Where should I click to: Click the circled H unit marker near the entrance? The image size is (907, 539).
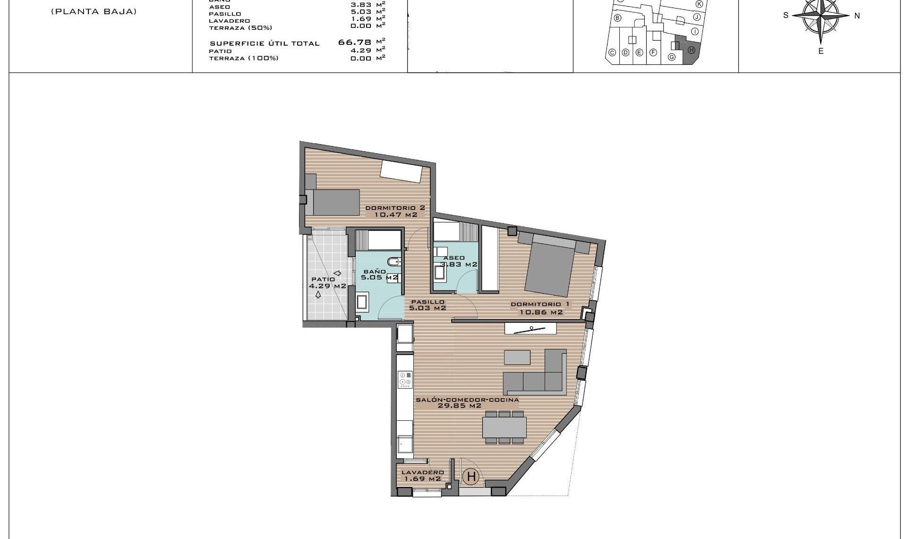point(471,477)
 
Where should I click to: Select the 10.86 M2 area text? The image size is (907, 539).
point(541,313)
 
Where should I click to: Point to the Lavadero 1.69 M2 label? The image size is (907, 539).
point(422,476)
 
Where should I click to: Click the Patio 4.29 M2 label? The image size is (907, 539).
point(327,283)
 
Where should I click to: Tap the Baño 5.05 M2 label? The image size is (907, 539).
point(376,275)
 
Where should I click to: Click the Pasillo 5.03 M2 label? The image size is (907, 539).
point(428,305)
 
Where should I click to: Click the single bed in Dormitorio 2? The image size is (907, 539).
point(333,202)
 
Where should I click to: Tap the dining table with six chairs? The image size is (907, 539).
point(504,427)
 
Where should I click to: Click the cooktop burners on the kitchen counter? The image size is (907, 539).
point(405,379)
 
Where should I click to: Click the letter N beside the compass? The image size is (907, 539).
point(857,16)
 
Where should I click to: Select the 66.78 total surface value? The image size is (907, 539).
point(355,43)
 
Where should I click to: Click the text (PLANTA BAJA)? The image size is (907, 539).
point(94,12)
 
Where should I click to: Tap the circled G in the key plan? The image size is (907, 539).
point(671,57)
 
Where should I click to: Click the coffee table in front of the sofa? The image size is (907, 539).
point(517,357)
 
